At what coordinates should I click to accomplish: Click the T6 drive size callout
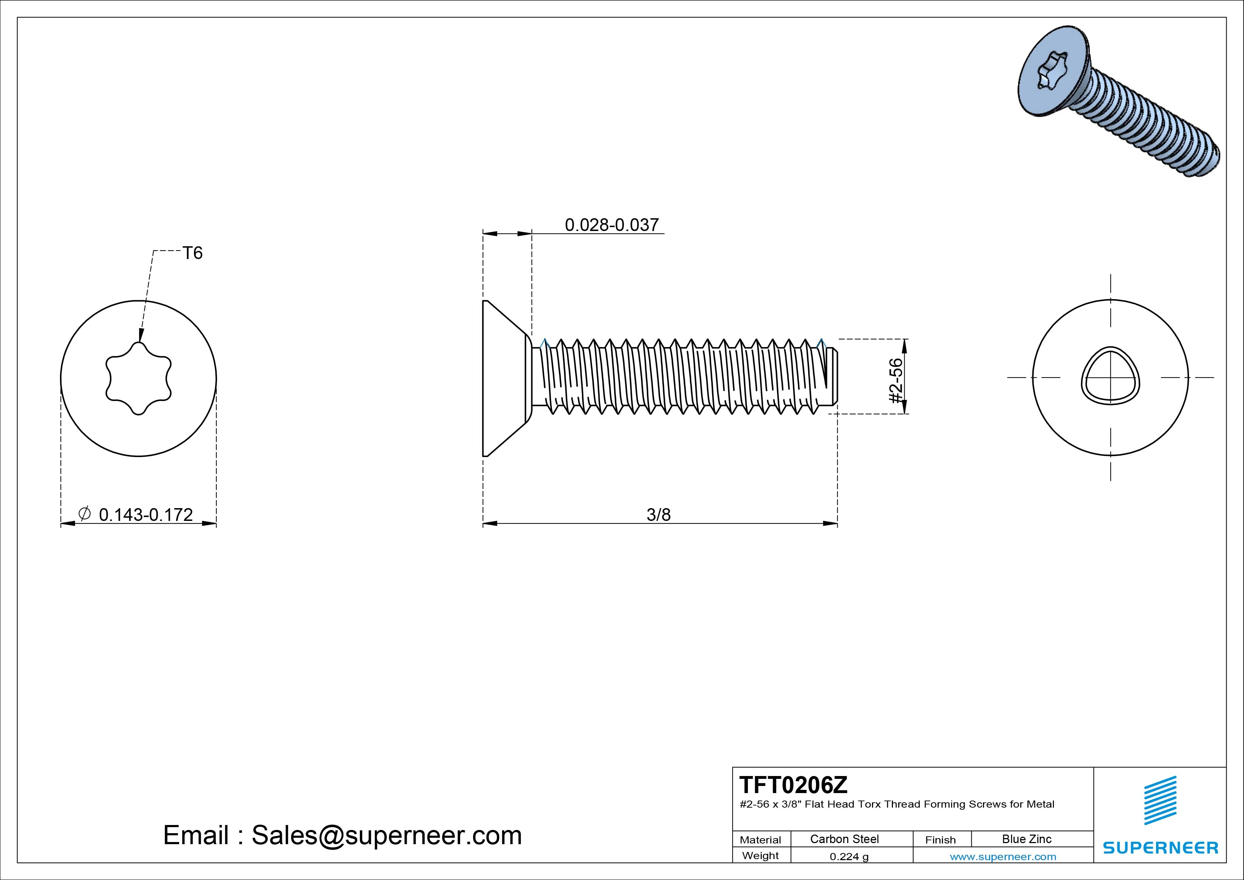(192, 253)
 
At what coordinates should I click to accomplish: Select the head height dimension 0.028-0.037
(612, 225)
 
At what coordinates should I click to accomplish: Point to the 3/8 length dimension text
(658, 514)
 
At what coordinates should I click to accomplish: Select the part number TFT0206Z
(793, 785)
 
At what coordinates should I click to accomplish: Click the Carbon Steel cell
(844, 839)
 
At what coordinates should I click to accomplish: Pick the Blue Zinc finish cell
(1026, 839)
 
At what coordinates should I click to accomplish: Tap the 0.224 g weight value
(849, 857)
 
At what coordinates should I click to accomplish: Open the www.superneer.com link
(1003, 857)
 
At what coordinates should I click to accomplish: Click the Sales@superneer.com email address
(386, 835)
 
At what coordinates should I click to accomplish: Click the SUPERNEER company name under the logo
(1160, 847)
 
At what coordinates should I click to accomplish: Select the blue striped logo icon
(1160, 800)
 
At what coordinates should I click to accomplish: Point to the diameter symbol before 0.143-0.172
(84, 513)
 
